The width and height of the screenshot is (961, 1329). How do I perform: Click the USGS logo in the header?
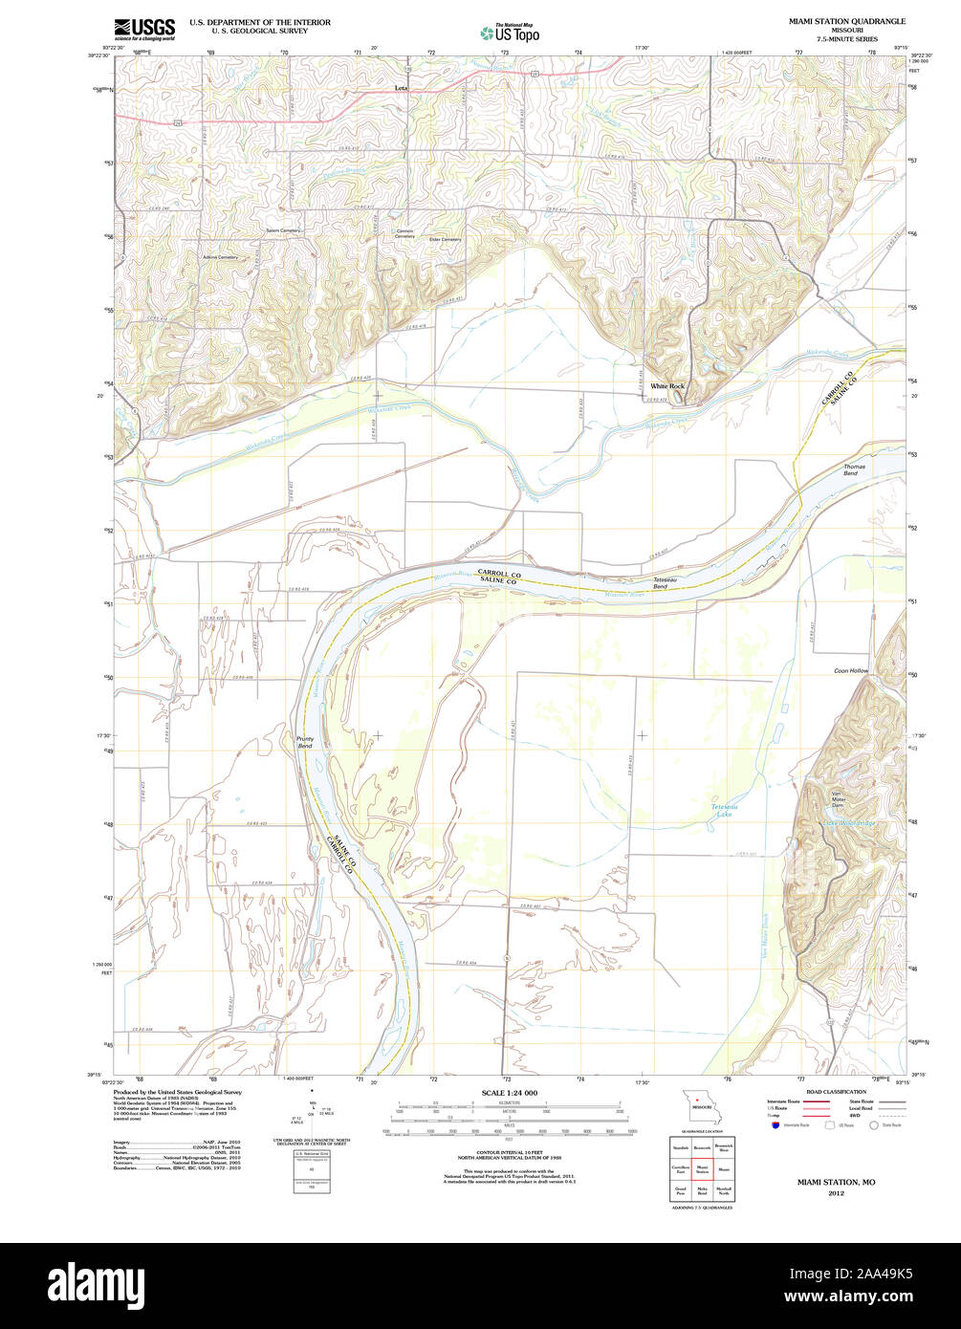click(144, 30)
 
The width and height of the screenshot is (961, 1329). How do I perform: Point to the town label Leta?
click(402, 88)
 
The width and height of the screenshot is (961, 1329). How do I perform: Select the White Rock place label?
click(667, 386)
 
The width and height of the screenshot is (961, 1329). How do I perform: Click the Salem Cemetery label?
click(283, 230)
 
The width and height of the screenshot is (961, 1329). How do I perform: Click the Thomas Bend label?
click(854, 470)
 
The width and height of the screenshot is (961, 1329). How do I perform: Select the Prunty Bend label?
click(304, 742)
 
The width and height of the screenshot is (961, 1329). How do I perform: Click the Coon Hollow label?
click(851, 671)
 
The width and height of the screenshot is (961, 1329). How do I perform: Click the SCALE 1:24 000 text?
click(510, 1093)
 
